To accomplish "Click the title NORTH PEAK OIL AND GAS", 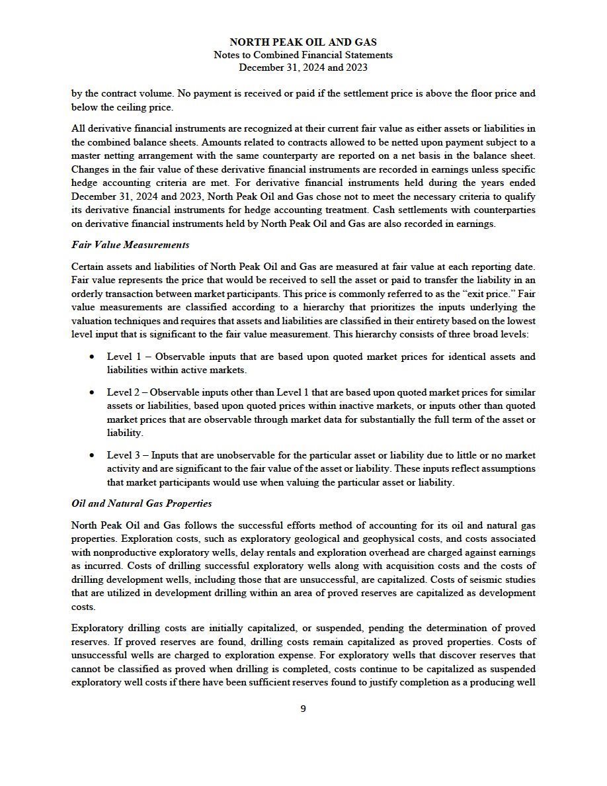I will point(303,42).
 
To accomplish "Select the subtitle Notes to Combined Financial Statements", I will point(303,55).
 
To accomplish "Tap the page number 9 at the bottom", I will point(303,709).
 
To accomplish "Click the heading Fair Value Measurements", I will point(130,245).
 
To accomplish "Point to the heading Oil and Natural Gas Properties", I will point(142,503).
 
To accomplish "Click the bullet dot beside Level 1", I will point(92,357).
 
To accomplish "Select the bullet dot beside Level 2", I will point(92,393).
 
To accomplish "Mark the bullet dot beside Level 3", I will point(92,456).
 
